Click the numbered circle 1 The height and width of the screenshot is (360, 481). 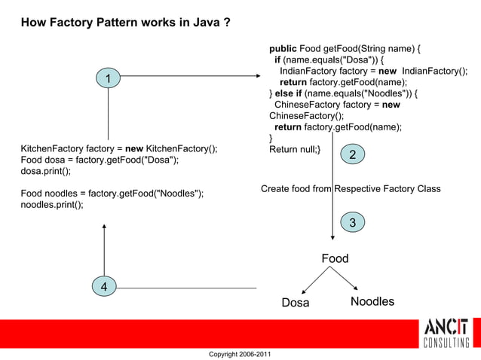pyautogui.click(x=109, y=78)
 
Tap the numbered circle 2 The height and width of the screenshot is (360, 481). pyautogui.click(x=352, y=154)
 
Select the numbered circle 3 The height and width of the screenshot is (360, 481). pyautogui.click(x=352, y=221)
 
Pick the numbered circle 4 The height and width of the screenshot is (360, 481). pyautogui.click(x=104, y=287)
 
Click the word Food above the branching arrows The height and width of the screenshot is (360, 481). pyautogui.click(x=335, y=258)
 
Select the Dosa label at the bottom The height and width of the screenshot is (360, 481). pyautogui.click(x=296, y=303)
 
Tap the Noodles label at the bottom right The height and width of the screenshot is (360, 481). pyautogui.click(x=372, y=302)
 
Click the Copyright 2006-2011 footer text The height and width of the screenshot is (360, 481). pyautogui.click(x=240, y=354)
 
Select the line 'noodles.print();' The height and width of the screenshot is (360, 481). pyautogui.click(x=52, y=205)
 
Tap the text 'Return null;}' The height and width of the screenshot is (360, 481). pyautogui.click(x=295, y=149)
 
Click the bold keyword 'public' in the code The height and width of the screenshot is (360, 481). pyautogui.click(x=283, y=49)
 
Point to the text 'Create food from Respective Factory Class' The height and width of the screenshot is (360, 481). pyautogui.click(x=351, y=189)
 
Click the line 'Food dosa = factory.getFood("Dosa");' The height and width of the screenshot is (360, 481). pyautogui.click(x=100, y=160)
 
